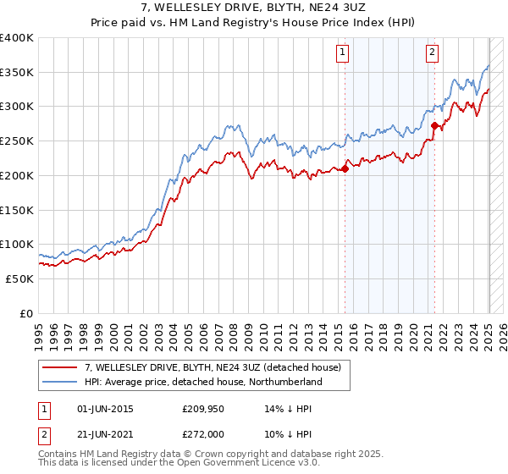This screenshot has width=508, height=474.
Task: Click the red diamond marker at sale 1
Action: coord(345,168)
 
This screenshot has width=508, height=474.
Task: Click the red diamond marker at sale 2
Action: coord(434,125)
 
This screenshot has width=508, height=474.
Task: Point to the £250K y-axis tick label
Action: coord(16,141)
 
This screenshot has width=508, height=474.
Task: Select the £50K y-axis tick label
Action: coord(19,278)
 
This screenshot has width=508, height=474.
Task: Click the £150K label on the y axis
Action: coord(16,210)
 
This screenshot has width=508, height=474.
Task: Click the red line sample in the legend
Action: coord(59,367)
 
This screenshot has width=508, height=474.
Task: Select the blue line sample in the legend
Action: coord(59,383)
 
